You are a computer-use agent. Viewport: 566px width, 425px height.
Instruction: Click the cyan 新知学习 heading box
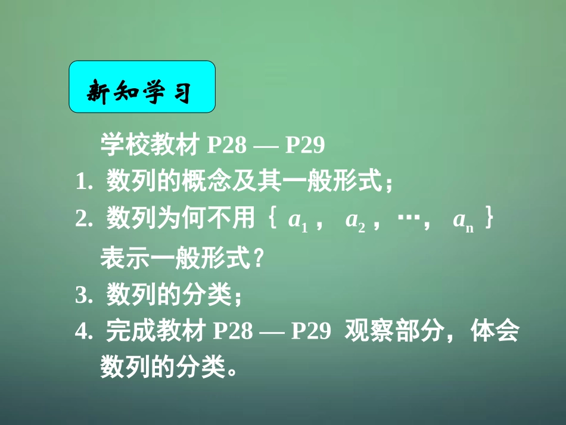142,87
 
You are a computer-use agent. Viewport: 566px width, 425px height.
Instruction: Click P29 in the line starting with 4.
310,332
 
